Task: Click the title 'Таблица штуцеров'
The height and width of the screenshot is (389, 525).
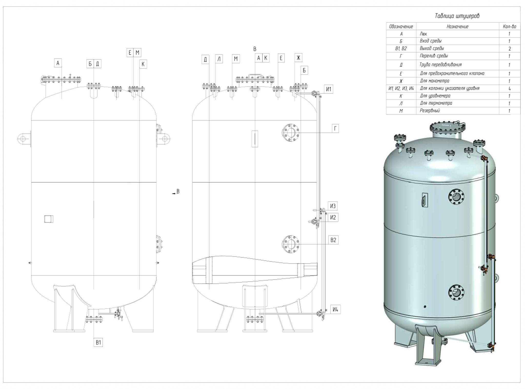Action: pos(457,16)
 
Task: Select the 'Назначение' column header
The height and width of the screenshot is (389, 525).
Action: pos(457,26)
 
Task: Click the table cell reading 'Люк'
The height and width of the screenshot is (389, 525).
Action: pos(423,34)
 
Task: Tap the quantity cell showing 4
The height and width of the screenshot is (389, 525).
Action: pos(509,88)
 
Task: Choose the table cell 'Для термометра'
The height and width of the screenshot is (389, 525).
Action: pos(436,103)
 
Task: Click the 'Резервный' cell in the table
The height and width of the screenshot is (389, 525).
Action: pos(430,111)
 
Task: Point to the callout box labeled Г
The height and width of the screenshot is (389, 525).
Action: pos(335,128)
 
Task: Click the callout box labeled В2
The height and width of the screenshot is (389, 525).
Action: pos(333,240)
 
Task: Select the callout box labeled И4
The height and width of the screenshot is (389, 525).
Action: pos(335,310)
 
